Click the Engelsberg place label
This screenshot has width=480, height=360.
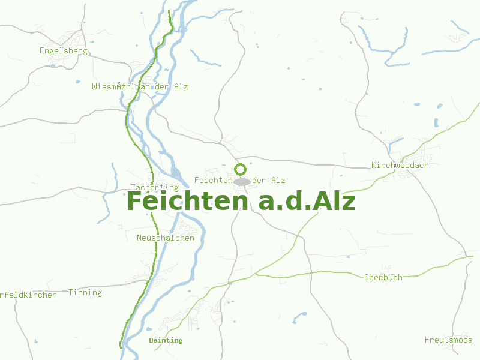point(63,51)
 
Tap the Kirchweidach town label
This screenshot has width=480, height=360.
point(400,165)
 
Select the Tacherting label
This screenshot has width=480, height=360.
point(155,187)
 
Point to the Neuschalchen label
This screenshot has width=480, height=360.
point(166,238)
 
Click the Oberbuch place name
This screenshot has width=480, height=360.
point(383,277)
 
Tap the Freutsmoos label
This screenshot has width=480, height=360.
point(449,340)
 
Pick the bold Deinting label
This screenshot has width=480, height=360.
point(166,340)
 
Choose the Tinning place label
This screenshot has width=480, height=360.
point(85,293)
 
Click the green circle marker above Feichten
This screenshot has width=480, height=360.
point(241,169)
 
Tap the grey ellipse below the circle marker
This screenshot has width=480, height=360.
point(242,181)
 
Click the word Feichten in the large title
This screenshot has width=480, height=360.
point(187,202)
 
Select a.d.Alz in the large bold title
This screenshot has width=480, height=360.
point(307,202)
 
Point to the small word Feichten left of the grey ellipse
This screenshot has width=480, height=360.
point(213,180)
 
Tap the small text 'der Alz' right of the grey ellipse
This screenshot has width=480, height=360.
point(269,180)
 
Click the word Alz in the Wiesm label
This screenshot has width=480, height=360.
point(181,86)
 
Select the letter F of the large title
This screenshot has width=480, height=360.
point(136,202)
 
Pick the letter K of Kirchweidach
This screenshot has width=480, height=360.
point(374,165)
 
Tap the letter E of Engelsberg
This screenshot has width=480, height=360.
point(42,51)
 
